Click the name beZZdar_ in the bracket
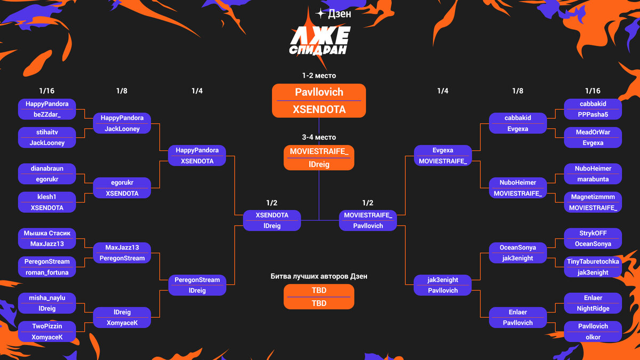[x=47, y=115]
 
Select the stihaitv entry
[x=47, y=132]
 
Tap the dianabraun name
[x=47, y=169]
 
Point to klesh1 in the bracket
[x=47, y=197]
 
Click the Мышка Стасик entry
[x=47, y=234]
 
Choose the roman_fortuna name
[x=47, y=272]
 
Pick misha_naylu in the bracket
[x=47, y=298]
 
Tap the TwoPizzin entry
[x=47, y=326]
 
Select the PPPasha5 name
[x=593, y=115]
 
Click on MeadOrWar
[x=593, y=132]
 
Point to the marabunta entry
[x=593, y=179]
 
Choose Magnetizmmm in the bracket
[x=593, y=197]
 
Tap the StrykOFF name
[x=593, y=234]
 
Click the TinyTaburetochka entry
[x=593, y=262]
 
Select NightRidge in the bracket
[x=593, y=308]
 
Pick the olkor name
[x=593, y=337]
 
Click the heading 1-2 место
[x=319, y=76]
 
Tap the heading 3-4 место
[x=319, y=137]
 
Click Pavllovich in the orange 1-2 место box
[x=319, y=92]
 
